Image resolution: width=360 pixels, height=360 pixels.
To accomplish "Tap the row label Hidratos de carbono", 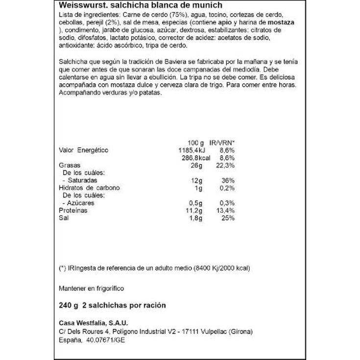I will point(89,188).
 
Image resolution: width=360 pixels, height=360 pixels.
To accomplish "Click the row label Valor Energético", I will point(83,150).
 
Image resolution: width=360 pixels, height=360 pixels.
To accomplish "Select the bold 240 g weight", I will point(68,305).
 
